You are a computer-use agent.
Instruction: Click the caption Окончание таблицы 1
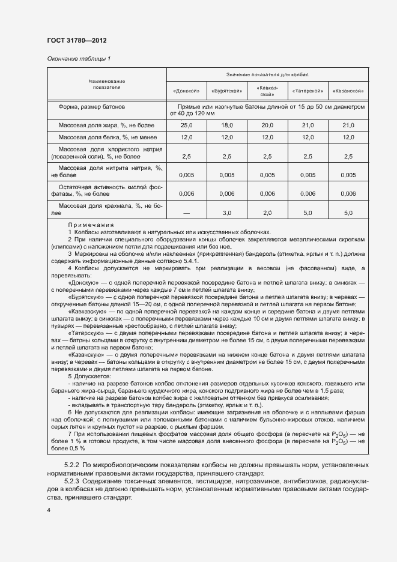(x=79, y=58)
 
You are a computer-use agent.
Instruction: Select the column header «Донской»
(x=186, y=91)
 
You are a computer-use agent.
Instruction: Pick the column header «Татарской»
(x=308, y=91)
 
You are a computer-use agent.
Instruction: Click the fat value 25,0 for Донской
(x=186, y=125)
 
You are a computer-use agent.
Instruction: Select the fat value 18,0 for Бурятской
(x=226, y=125)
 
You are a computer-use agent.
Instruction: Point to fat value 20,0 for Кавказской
(x=267, y=125)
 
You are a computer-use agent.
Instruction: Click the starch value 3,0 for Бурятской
(x=226, y=213)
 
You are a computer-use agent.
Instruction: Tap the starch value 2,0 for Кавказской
(x=267, y=213)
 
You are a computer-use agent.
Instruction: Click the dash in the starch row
(x=186, y=213)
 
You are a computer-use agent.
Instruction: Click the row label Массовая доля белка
(x=106, y=137)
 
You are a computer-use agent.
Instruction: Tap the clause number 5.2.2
(x=71, y=464)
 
